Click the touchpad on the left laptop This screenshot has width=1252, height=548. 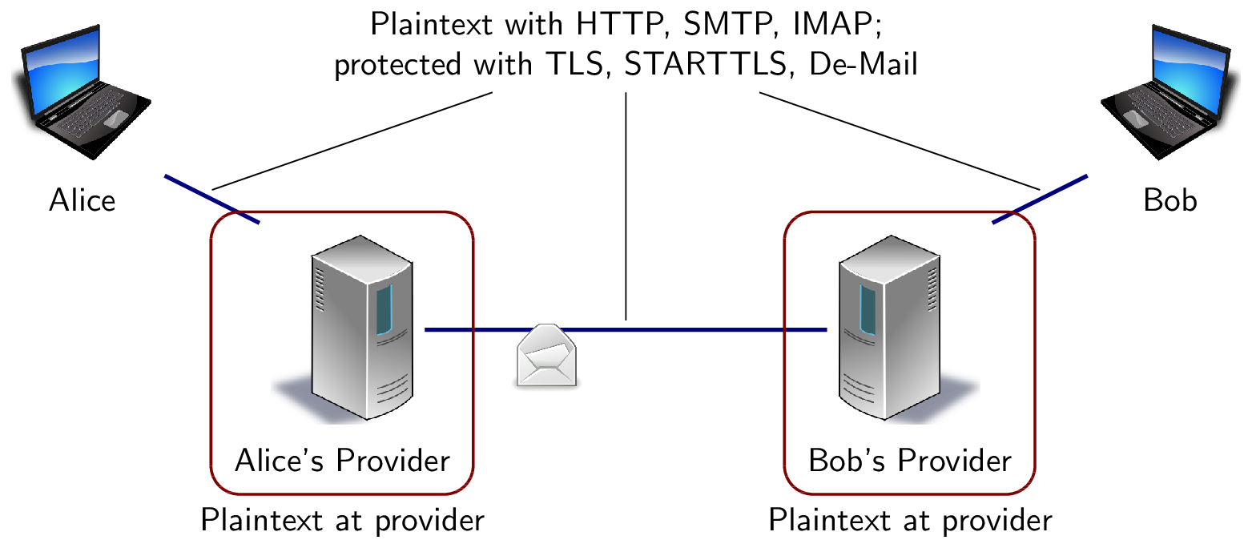116,119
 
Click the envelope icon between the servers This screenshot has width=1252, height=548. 546,356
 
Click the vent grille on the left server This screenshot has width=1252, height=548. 320,289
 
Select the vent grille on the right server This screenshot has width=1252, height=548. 932,289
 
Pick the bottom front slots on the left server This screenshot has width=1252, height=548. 392,391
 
